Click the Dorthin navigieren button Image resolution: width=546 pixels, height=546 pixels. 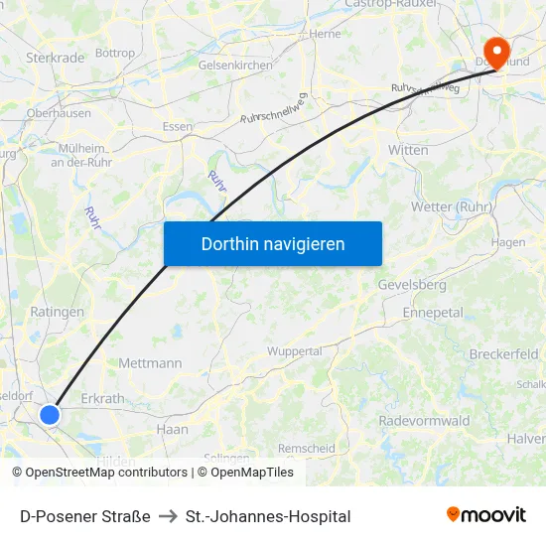click(272, 243)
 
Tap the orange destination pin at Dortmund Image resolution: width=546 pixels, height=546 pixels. click(494, 50)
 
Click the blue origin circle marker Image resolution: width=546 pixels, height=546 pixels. click(50, 414)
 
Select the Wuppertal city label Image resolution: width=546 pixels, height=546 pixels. click(295, 351)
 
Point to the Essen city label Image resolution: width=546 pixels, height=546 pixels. click(178, 127)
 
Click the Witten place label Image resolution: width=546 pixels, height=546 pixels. click(408, 150)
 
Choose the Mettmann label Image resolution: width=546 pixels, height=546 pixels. click(150, 363)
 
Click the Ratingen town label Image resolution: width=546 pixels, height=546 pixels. click(58, 312)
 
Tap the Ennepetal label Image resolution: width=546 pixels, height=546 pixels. click(433, 312)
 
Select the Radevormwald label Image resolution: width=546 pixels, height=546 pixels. click(424, 421)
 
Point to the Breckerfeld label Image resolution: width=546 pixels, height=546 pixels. click(503, 354)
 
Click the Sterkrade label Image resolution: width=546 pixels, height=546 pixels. click(56, 58)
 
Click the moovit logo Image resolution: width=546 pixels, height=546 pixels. click(486, 514)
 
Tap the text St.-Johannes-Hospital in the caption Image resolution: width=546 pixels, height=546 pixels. click(268, 516)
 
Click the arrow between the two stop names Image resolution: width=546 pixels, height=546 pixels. click(168, 516)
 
